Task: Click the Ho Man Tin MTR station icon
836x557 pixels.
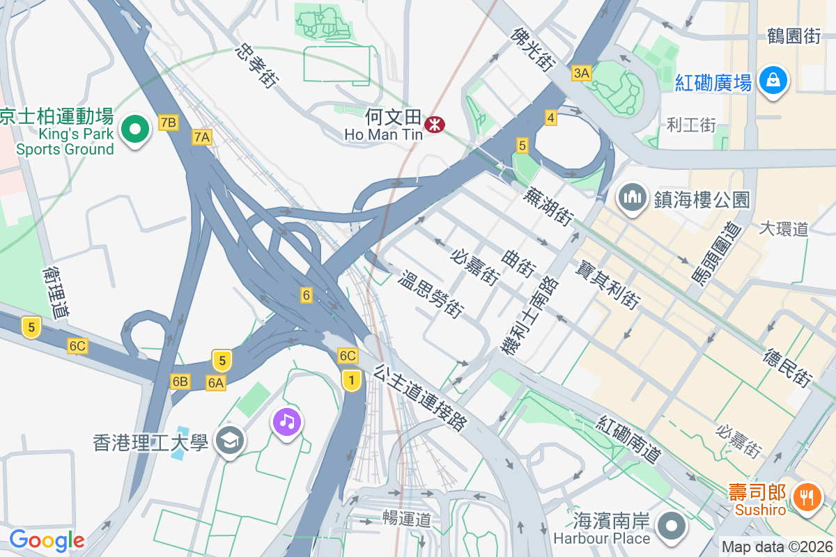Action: coord(435,124)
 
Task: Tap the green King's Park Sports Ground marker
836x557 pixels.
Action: coord(135,130)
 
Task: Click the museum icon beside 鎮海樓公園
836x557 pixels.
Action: coord(633,197)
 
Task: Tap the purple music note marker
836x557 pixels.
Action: coord(286,421)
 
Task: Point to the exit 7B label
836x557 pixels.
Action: coord(169,123)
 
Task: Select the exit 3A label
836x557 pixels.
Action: coord(581,72)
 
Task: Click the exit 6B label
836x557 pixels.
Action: coord(180,381)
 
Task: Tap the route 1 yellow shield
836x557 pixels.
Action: coord(352,380)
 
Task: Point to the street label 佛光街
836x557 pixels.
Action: coord(532,49)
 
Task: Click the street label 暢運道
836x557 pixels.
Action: coord(407,518)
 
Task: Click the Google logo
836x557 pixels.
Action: coord(47,540)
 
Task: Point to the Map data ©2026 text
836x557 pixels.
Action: coord(776,547)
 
